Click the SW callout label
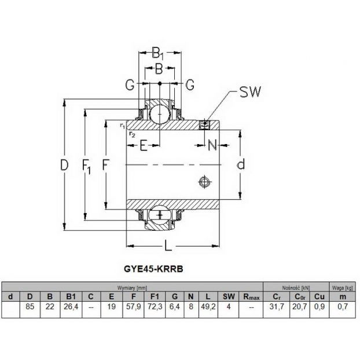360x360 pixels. coord(250,91)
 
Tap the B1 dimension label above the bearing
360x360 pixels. coord(158,53)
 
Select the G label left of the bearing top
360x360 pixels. coord(130,85)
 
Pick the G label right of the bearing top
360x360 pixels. coord(190,85)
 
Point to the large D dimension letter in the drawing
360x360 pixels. coord(64,165)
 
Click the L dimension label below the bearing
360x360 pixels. coord(168,245)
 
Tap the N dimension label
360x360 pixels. coord(212,145)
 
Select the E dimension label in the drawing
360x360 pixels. coord(144,145)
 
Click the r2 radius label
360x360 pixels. coord(132,134)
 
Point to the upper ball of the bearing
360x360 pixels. coord(160,114)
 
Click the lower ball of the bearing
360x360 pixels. coord(160,215)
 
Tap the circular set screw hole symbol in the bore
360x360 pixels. coord(204,182)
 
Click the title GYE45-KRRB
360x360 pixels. coord(153,269)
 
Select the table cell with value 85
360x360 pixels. coord(30,306)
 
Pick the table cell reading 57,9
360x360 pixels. coord(133,306)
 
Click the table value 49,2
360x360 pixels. coord(208,306)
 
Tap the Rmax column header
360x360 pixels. coord(251,297)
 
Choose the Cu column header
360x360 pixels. coord(319,297)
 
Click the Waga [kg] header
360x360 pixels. coord(342,288)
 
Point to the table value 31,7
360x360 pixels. coord(277,306)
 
